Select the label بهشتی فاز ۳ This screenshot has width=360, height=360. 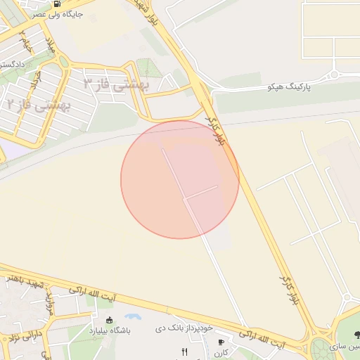point(117,85)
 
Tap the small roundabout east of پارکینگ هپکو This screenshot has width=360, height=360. point(335,74)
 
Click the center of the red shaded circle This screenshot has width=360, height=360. point(180,179)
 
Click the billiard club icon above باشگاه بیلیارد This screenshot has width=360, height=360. point(109,321)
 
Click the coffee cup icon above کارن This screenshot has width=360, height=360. point(221,342)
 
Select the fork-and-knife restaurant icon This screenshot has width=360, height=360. point(184,352)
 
